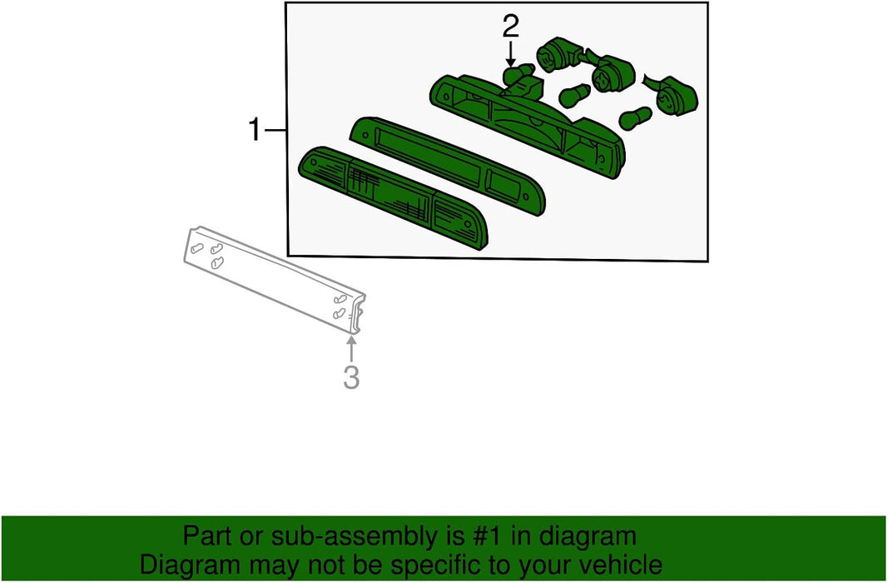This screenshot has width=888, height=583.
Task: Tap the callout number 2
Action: pyautogui.click(x=510, y=27)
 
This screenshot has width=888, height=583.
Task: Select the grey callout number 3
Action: pyautogui.click(x=351, y=377)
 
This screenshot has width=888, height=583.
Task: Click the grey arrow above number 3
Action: pyautogui.click(x=351, y=348)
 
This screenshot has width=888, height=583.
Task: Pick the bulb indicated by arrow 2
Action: pyautogui.click(x=518, y=74)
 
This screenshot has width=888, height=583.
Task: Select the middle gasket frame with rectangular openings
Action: pyautogui.click(x=448, y=165)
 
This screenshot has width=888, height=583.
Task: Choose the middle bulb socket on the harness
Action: pyautogui.click(x=611, y=72)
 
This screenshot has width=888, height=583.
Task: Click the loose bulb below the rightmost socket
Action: pyautogui.click(x=636, y=117)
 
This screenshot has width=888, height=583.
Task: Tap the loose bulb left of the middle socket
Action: pyautogui.click(x=574, y=95)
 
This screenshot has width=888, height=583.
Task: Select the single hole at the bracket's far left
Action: pyautogui.click(x=196, y=247)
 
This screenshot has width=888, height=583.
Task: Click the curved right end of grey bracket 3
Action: pyautogui.click(x=356, y=314)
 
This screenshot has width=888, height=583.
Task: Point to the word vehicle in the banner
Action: pyautogui.click(x=624, y=565)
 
